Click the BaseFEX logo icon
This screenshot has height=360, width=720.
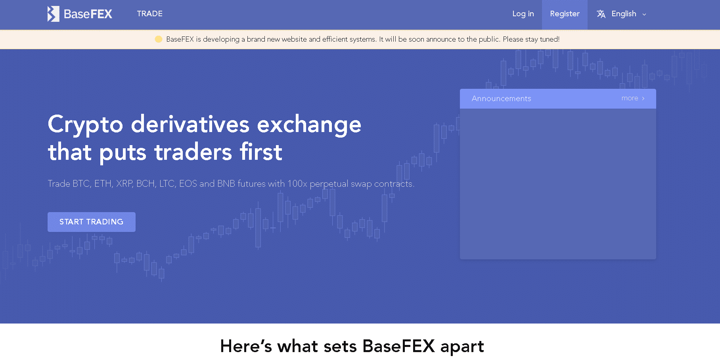[54, 14]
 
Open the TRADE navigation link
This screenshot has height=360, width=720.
[150, 14]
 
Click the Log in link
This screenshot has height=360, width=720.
[523, 14]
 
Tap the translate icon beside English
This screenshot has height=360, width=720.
[601, 14]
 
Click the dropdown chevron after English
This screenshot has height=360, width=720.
[644, 14]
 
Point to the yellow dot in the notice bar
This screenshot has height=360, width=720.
[159, 39]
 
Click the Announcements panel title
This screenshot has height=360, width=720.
[501, 99]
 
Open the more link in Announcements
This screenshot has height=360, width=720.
[633, 98]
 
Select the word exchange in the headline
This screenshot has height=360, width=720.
[309, 124]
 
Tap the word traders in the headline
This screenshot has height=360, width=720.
[193, 152]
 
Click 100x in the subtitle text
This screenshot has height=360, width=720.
[297, 184]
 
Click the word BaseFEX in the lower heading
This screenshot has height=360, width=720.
[399, 346]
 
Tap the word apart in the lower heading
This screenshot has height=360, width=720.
[462, 347]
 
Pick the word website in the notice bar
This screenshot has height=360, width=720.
[294, 39]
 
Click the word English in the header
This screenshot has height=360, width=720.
[624, 14]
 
